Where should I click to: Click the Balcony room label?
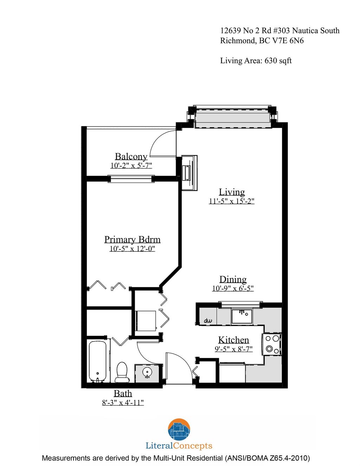click(131, 157)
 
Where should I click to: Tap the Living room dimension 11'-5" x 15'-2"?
click(231, 201)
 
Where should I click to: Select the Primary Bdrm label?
click(132, 240)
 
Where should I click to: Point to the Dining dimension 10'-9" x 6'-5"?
click(233, 288)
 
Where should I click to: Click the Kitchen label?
click(233, 340)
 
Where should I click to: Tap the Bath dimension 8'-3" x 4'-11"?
click(123, 403)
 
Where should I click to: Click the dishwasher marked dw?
click(208, 320)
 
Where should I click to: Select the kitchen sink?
click(242, 316)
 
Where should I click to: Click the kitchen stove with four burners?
click(272, 344)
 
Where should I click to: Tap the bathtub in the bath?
click(97, 361)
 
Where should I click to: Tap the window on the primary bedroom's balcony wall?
click(131, 179)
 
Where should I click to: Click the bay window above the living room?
click(232, 116)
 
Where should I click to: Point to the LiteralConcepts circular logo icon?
click(179, 429)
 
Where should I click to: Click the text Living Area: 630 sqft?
click(256, 61)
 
